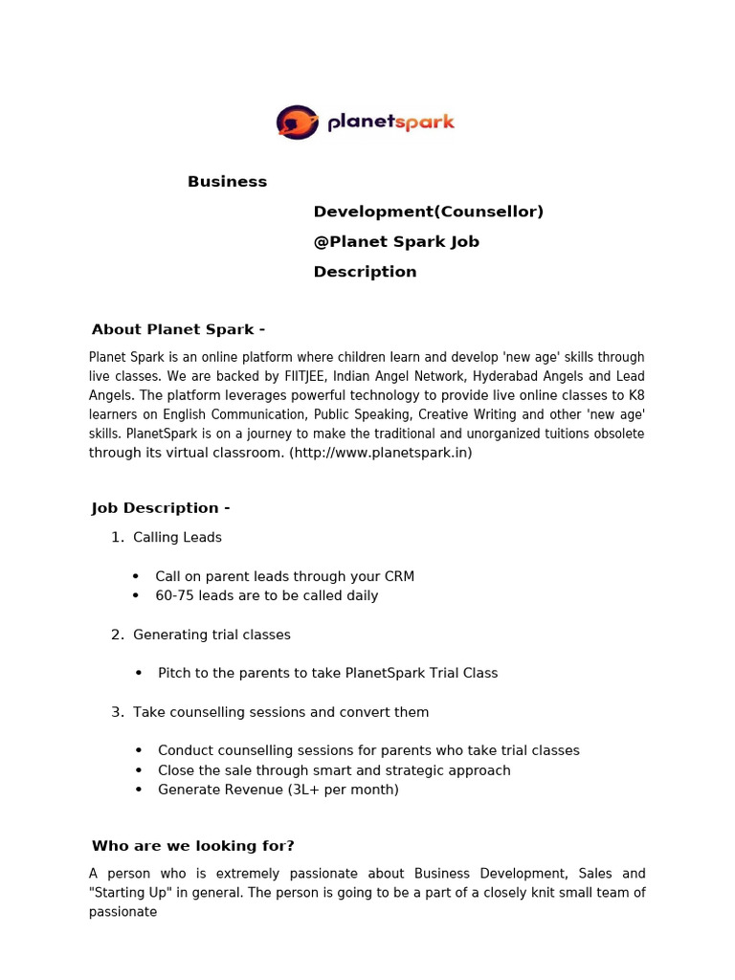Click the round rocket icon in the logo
(x=297, y=122)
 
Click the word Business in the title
(x=227, y=182)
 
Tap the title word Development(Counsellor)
(x=428, y=212)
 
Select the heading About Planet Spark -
(x=178, y=330)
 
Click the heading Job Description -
(x=161, y=508)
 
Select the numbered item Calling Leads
(x=177, y=538)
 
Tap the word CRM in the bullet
(x=398, y=576)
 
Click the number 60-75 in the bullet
(x=174, y=595)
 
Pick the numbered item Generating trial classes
(x=212, y=635)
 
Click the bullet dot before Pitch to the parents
(x=139, y=673)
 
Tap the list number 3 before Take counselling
(x=117, y=712)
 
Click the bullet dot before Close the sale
(x=139, y=770)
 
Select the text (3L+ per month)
(x=342, y=790)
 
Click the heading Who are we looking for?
(x=192, y=846)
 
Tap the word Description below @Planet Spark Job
(x=365, y=272)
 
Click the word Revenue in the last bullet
(x=250, y=790)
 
